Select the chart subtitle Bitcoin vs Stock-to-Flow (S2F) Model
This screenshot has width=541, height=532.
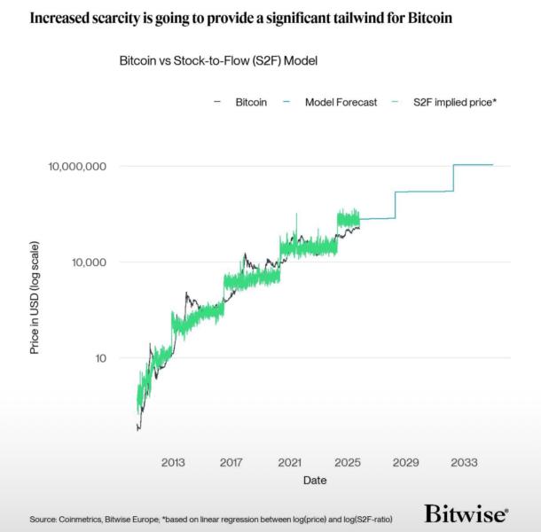[218, 61]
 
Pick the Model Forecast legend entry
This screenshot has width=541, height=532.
[341, 103]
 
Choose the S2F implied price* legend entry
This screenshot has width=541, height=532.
[454, 103]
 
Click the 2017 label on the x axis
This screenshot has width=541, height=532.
[231, 463]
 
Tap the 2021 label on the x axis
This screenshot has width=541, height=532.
[289, 463]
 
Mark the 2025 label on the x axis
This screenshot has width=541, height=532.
[348, 463]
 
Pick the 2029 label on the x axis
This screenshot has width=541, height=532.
[406, 463]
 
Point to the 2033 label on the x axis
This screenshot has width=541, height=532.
[464, 463]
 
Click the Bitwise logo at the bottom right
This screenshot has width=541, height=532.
[466, 513]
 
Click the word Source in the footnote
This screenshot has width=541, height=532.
[43, 518]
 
